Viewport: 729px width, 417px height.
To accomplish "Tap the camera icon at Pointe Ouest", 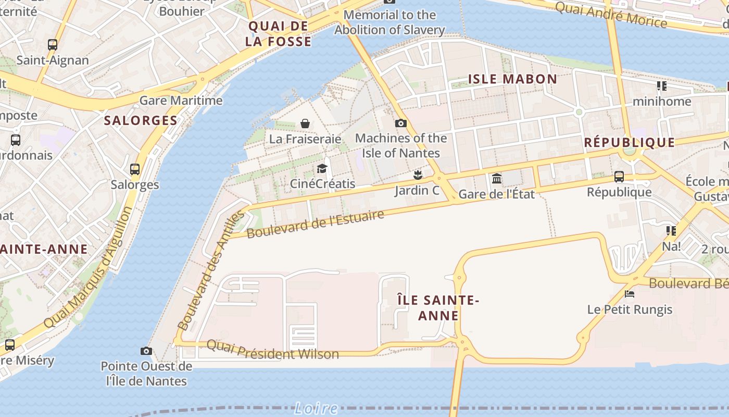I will [x=146, y=351].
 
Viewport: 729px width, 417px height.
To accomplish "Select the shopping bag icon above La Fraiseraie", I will [x=305, y=124].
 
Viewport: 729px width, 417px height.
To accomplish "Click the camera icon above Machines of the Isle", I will [x=400, y=123].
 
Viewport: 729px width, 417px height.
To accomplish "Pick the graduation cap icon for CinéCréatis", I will [x=322, y=168].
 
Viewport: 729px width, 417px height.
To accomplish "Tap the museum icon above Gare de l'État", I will [x=497, y=179].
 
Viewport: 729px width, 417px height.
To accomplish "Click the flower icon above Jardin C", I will [x=417, y=175].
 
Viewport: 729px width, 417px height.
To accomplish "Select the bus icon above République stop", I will [x=619, y=177].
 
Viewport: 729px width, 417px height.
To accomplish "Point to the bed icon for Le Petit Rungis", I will [x=630, y=294].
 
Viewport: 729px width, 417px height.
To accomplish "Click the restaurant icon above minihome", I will [x=662, y=85].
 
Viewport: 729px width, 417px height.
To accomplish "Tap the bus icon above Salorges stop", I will [x=135, y=169].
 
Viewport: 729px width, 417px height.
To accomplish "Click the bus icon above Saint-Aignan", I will [x=53, y=45].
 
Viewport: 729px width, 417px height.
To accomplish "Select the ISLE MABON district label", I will [x=512, y=79].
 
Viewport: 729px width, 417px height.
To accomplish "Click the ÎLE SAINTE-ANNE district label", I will [x=438, y=308].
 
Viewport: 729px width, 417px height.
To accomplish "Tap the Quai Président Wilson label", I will [x=273, y=350].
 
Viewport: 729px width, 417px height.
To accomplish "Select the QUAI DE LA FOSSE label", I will [x=279, y=34].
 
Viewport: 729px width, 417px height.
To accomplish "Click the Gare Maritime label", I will [x=181, y=100].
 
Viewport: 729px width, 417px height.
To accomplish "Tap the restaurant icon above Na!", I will [x=671, y=230].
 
